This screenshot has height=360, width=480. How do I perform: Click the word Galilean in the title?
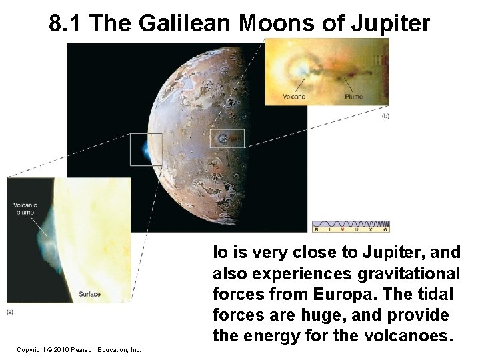click(x=184, y=23)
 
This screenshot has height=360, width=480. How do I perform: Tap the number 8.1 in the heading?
click(x=67, y=23)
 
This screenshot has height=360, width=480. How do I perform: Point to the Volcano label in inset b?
click(x=294, y=97)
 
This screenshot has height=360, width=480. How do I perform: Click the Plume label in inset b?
click(x=353, y=97)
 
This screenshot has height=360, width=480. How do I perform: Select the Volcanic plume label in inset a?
click(x=25, y=209)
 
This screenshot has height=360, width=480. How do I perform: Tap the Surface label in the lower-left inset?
click(x=89, y=294)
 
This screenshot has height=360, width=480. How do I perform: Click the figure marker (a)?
click(x=11, y=311)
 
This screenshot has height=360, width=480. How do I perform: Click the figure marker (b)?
click(x=385, y=117)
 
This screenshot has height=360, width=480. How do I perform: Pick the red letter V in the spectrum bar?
click(x=343, y=229)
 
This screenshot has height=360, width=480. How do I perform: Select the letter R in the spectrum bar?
click(x=317, y=229)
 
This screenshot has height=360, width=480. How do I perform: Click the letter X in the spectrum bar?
click(x=370, y=229)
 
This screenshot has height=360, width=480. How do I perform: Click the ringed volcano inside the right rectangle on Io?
click(x=223, y=139)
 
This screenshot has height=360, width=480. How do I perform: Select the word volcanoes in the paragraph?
click(x=411, y=336)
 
